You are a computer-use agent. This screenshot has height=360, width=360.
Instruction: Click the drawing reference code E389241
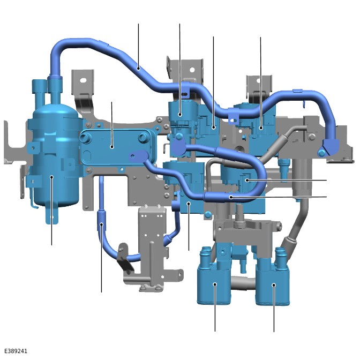16,351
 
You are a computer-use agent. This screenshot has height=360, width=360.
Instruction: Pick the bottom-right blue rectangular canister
273,282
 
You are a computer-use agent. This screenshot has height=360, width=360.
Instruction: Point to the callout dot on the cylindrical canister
52,177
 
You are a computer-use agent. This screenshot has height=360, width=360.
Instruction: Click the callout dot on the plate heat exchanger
112,147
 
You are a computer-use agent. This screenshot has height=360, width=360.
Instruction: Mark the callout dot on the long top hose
138,68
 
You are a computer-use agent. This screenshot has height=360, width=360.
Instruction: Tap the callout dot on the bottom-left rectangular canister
215,284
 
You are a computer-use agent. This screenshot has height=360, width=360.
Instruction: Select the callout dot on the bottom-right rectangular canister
274,285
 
